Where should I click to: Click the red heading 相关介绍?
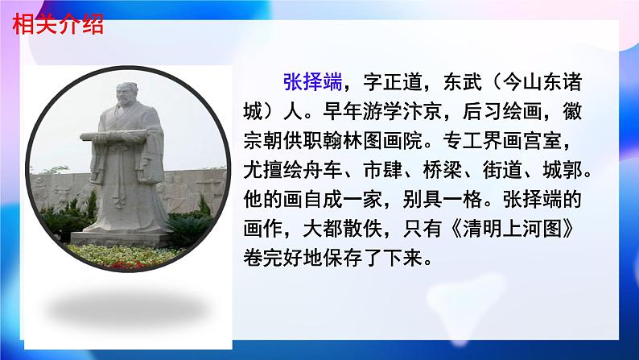click(58, 25)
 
